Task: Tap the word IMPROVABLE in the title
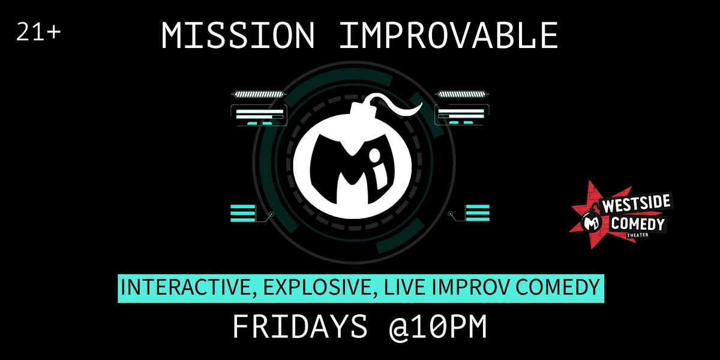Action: point(448,35)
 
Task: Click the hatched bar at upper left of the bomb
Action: point(257,94)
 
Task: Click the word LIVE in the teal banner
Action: point(410,287)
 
